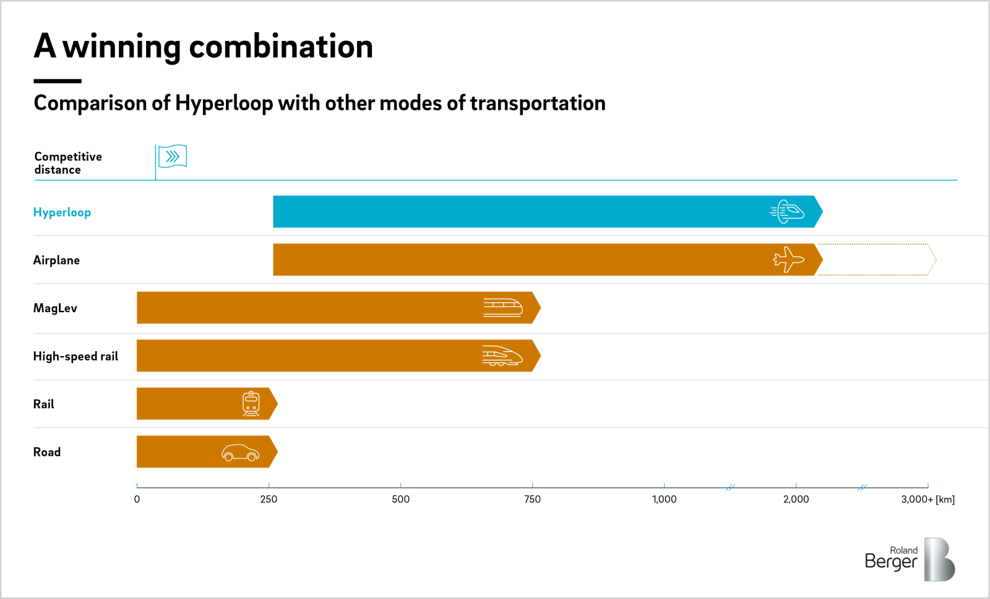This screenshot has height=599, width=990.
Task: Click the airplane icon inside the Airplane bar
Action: point(788,260)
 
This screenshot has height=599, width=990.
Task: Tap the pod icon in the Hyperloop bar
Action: point(787,212)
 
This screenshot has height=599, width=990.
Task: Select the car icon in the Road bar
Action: point(240,453)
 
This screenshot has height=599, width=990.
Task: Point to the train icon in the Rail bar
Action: point(251,404)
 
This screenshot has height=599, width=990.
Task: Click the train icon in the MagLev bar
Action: point(502,307)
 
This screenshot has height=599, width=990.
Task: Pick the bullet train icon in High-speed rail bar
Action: point(502,356)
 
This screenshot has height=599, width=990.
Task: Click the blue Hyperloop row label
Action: point(62,212)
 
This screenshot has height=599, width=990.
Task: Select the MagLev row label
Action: point(55,308)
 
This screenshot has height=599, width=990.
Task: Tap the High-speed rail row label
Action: point(75,356)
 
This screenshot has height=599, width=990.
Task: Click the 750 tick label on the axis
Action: point(532,499)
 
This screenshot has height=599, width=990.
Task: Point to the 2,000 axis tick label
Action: point(796,499)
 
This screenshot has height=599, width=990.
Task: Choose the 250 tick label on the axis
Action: point(269,499)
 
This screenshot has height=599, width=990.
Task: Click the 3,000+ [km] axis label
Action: point(928,499)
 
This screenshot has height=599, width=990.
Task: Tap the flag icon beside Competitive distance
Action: point(172,157)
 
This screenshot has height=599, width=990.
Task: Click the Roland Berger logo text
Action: point(891,558)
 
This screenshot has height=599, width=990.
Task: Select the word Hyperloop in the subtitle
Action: point(223,103)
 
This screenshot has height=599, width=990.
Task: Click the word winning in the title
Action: point(121,47)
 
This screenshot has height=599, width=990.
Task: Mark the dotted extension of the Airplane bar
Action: point(876,260)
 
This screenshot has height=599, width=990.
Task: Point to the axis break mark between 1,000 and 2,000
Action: point(730,488)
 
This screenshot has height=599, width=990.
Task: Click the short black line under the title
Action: point(58,81)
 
